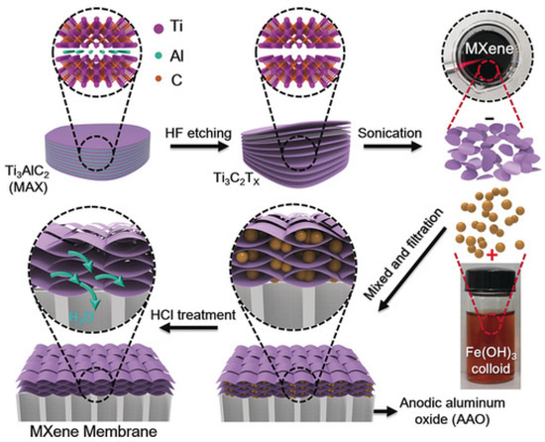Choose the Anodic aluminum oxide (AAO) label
478,409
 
